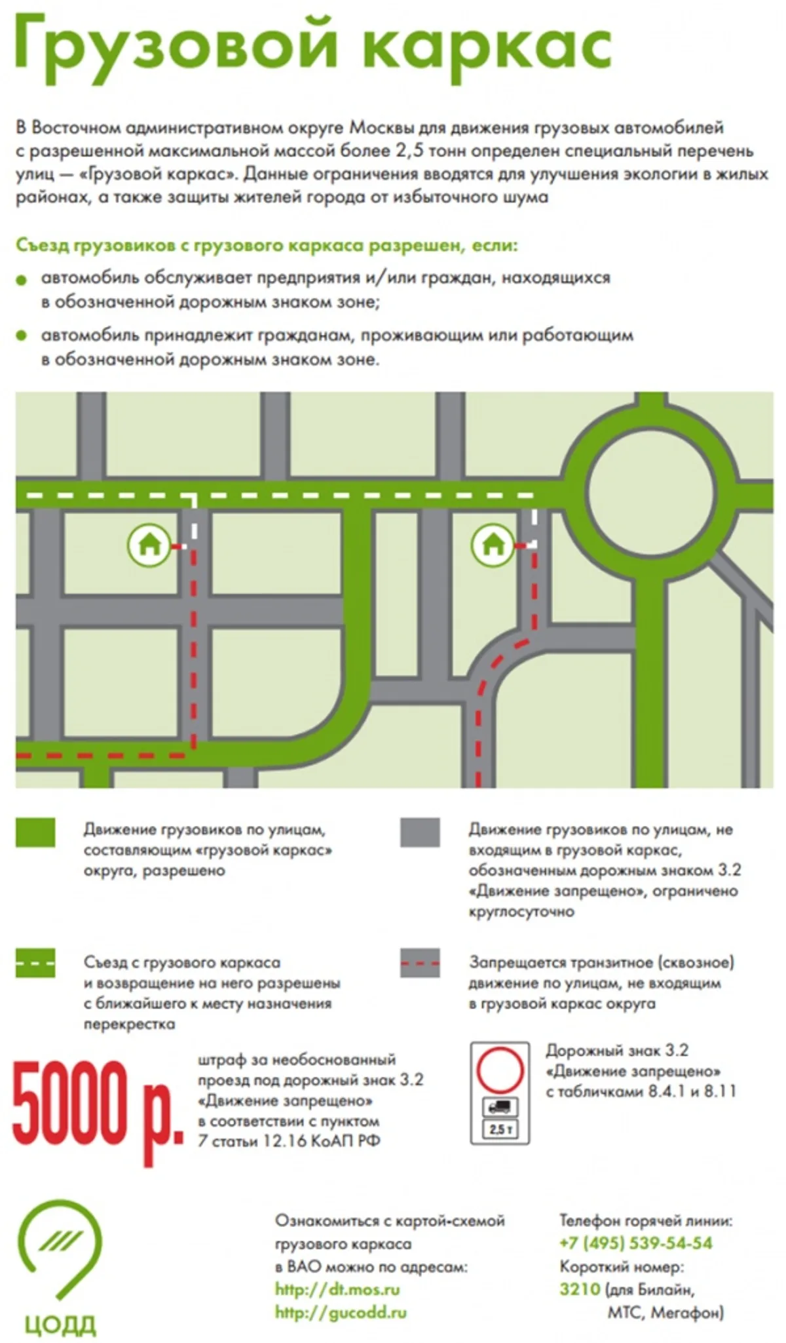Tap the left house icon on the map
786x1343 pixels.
click(x=149, y=544)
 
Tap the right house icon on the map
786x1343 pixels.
click(x=493, y=544)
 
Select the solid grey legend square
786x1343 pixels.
click(x=420, y=832)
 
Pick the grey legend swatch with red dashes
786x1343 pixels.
click(x=420, y=963)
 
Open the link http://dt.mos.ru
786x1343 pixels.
click(x=337, y=1290)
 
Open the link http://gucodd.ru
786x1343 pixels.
click(x=341, y=1313)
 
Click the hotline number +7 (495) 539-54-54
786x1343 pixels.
click(x=636, y=1243)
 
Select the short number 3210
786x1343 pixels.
click(x=580, y=1289)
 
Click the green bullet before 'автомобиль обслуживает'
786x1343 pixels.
click(x=22, y=280)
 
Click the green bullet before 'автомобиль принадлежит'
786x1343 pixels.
click(x=22, y=336)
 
